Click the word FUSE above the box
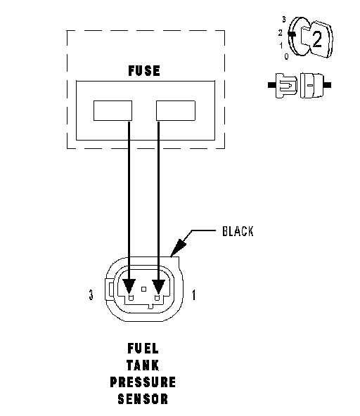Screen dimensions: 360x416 [144, 71]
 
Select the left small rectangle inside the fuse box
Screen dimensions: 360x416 [112, 110]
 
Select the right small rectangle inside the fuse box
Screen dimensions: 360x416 [176, 110]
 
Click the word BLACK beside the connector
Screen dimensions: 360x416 [238, 231]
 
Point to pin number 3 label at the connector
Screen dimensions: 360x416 [91, 294]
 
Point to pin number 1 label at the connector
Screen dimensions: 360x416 [194, 294]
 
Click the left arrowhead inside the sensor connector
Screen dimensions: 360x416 [129, 286]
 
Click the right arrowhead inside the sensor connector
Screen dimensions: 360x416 [158, 286]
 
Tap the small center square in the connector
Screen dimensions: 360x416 [144, 289]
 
